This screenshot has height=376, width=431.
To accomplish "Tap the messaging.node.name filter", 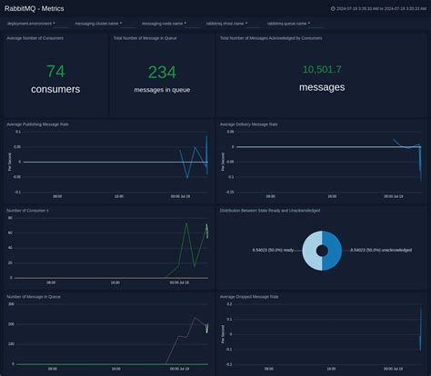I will point(165,24).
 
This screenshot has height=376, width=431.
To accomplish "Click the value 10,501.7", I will point(322,69).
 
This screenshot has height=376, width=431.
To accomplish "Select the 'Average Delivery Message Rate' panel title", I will point(248,124).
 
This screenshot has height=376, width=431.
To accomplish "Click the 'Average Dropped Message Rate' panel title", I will point(249,295).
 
